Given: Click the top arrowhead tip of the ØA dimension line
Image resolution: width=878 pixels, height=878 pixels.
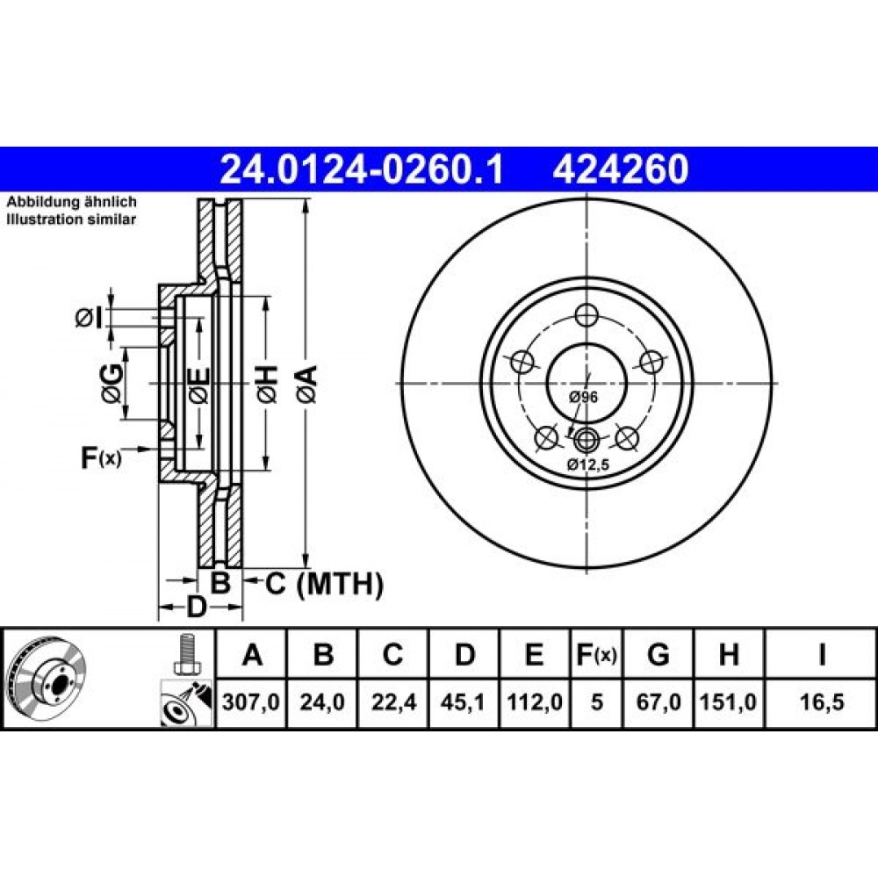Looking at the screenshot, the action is [x=306, y=200].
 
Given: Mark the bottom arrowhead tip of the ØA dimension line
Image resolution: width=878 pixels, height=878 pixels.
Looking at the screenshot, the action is [x=306, y=567].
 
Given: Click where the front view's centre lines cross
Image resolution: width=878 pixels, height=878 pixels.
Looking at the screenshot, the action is [x=587, y=384].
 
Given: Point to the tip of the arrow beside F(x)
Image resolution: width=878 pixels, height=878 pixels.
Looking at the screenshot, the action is [x=152, y=449].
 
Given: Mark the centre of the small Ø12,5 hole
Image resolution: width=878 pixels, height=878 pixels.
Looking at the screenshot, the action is [x=587, y=440].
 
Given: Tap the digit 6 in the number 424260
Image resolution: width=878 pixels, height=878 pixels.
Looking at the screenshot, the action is [x=651, y=169].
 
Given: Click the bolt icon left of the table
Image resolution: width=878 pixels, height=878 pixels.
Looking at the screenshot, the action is [x=186, y=655].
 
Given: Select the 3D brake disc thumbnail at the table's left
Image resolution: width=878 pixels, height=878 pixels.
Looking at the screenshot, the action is [x=47, y=679].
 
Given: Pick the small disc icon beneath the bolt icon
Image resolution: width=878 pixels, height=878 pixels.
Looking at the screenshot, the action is [x=186, y=703].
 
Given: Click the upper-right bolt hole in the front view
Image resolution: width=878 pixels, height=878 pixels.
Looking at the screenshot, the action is [x=651, y=363].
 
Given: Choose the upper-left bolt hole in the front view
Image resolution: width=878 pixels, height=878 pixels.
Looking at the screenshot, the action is [x=522, y=363].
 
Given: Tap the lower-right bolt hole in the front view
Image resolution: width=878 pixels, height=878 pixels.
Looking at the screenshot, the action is [x=626, y=438].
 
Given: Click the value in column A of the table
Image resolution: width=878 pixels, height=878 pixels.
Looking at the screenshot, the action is [x=251, y=702].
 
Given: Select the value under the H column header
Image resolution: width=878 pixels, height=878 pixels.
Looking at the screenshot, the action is [x=729, y=702].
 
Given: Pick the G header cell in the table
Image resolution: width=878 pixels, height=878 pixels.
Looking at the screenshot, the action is [x=658, y=654].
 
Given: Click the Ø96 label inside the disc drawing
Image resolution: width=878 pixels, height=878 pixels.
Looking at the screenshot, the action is [x=584, y=397].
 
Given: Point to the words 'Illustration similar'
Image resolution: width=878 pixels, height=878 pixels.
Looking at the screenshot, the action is [x=71, y=219].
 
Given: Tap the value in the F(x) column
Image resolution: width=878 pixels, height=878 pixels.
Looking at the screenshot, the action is [x=597, y=702].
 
